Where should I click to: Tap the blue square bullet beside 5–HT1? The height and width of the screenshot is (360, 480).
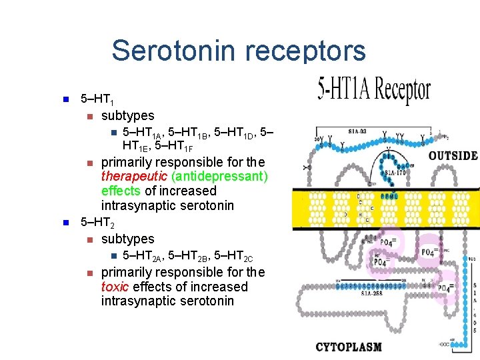(65, 100)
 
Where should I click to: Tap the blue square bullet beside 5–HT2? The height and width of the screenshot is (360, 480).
(65, 223)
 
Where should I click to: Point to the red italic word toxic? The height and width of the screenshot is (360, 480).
(115, 287)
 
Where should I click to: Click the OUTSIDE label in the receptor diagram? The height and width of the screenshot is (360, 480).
(453, 156)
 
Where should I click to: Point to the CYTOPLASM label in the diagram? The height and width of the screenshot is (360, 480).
(349, 347)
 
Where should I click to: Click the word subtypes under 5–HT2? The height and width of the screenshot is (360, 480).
(127, 239)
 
